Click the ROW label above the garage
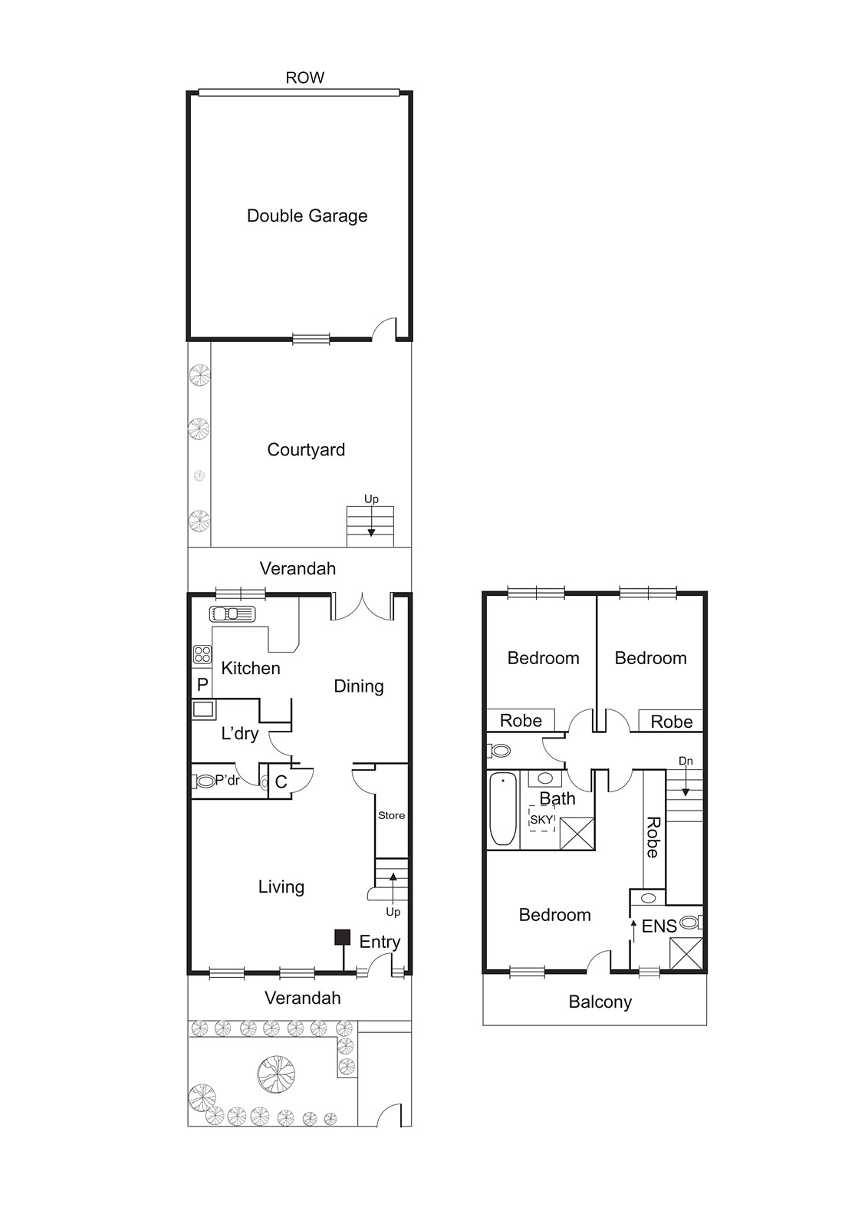(304, 77)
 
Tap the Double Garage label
(307, 216)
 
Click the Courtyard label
(306, 450)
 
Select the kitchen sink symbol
(232, 613)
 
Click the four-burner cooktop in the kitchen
(202, 654)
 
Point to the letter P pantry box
(202, 685)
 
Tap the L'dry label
(239, 734)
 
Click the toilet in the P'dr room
(204, 781)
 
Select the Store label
(391, 815)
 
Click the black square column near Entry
(343, 937)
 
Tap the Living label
(281, 887)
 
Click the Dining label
(358, 686)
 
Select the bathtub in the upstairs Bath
(503, 811)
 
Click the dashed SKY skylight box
(541, 819)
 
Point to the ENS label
(659, 926)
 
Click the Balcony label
(600, 1002)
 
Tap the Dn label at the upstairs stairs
(686, 761)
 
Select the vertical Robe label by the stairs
(653, 837)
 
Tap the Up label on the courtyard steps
(371, 499)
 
